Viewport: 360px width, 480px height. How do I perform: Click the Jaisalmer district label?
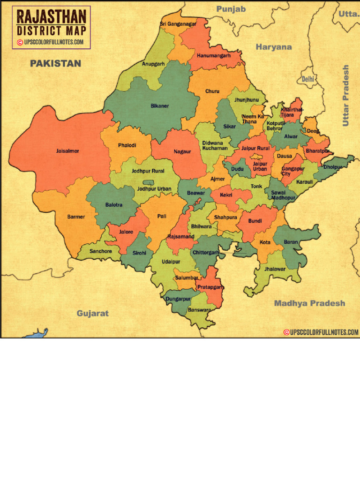point(67,151)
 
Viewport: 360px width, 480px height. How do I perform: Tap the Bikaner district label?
point(159,106)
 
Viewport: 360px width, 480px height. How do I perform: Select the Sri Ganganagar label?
point(178,24)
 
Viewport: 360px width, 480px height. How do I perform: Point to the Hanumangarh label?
point(214,55)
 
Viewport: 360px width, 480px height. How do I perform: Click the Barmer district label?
point(76,217)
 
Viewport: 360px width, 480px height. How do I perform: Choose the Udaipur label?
point(171,262)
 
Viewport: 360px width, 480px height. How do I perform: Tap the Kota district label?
point(265,242)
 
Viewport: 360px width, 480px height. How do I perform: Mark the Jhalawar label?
point(275,269)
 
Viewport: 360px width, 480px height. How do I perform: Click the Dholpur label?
point(333,166)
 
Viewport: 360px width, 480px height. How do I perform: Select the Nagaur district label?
point(182,151)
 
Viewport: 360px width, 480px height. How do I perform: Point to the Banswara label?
point(199,310)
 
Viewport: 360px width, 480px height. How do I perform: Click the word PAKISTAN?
point(56,63)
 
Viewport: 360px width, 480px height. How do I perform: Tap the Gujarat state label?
point(93,313)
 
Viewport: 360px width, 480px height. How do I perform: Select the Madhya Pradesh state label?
point(309,303)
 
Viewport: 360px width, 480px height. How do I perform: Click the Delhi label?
point(307,80)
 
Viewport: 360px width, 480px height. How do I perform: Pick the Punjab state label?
point(231,9)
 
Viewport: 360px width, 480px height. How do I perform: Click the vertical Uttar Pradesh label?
point(346,96)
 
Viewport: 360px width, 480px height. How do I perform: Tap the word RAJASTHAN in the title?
point(51,18)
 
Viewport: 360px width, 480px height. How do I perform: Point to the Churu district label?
point(212,91)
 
